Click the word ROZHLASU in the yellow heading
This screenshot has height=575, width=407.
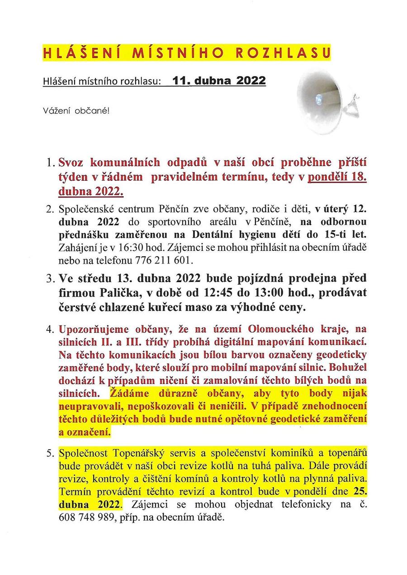pos(284,53)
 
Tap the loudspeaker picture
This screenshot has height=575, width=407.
pos(325,101)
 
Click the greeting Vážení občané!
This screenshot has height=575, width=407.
pos(76,110)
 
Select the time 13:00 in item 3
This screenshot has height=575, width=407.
pos(274,294)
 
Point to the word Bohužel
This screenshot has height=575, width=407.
pos(348,368)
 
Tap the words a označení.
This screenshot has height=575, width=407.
pos(85,432)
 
